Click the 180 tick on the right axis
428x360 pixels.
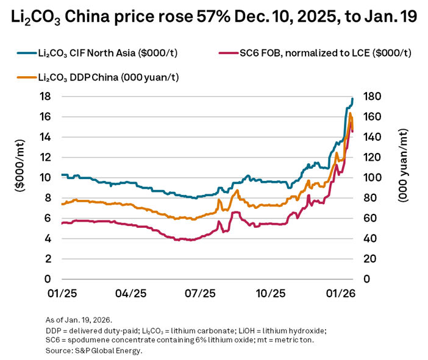(x=374, y=96)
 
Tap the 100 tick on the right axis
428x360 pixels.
(x=374, y=178)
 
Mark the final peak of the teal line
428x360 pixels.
(x=352, y=99)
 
